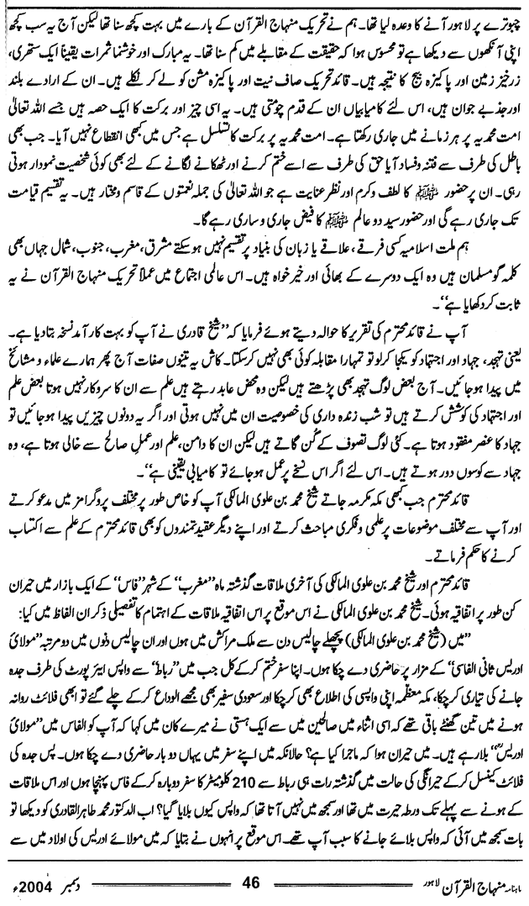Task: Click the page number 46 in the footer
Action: tap(253, 883)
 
